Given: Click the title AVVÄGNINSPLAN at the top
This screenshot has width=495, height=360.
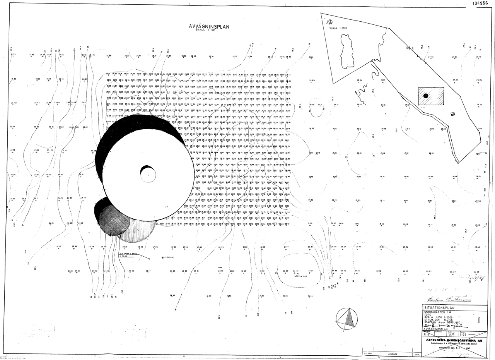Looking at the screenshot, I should click(x=209, y=27).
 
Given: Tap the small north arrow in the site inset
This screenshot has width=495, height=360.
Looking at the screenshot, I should click(x=329, y=22).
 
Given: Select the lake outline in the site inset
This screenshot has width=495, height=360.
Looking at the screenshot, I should click(x=346, y=50).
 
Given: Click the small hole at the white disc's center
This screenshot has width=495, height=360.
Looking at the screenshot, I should click(x=148, y=175).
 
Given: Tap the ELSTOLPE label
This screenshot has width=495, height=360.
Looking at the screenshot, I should click(x=171, y=257).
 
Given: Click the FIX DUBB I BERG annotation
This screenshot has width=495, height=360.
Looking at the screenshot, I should click(x=128, y=254).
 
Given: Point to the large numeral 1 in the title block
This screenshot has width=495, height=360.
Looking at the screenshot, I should click(x=480, y=320).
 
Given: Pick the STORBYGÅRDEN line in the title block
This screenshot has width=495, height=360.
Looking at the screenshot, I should click(x=438, y=312).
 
